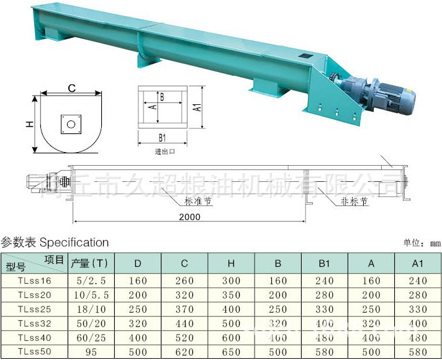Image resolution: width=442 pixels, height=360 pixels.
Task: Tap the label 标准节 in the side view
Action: (197, 201)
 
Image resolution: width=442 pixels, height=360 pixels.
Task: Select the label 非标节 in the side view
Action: (354, 202)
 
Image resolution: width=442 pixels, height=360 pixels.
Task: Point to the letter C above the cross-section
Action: (72, 88)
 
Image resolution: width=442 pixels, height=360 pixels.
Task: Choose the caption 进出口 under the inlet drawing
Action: (165, 151)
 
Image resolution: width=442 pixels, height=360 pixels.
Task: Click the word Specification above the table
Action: (74, 242)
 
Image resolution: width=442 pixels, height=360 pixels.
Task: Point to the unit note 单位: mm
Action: (422, 243)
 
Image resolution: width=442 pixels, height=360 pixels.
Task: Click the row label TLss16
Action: (35, 281)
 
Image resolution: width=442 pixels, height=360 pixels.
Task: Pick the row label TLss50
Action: (35, 352)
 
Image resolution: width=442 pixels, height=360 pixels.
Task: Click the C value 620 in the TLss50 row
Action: (184, 352)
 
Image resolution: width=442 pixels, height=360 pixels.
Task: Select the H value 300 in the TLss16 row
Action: (231, 281)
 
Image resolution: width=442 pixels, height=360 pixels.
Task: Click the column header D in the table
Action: (138, 263)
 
